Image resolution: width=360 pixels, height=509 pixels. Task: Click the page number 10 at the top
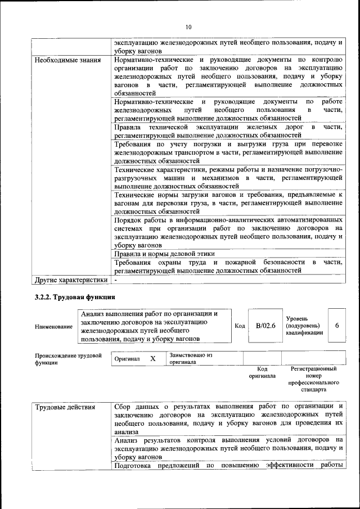coord(188,26)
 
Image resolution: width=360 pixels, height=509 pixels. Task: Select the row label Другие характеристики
coord(71,280)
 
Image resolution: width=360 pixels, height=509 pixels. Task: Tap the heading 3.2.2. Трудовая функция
coord(74,297)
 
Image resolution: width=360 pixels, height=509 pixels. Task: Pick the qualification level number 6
coord(337,326)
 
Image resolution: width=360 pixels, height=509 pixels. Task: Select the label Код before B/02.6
coord(240,326)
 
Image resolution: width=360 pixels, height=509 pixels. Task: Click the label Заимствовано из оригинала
coord(191,359)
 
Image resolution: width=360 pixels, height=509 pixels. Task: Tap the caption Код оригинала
coord(262,372)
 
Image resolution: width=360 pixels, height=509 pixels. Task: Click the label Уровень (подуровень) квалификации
coord(304,326)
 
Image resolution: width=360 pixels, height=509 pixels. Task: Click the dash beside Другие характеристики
coord(116,280)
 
